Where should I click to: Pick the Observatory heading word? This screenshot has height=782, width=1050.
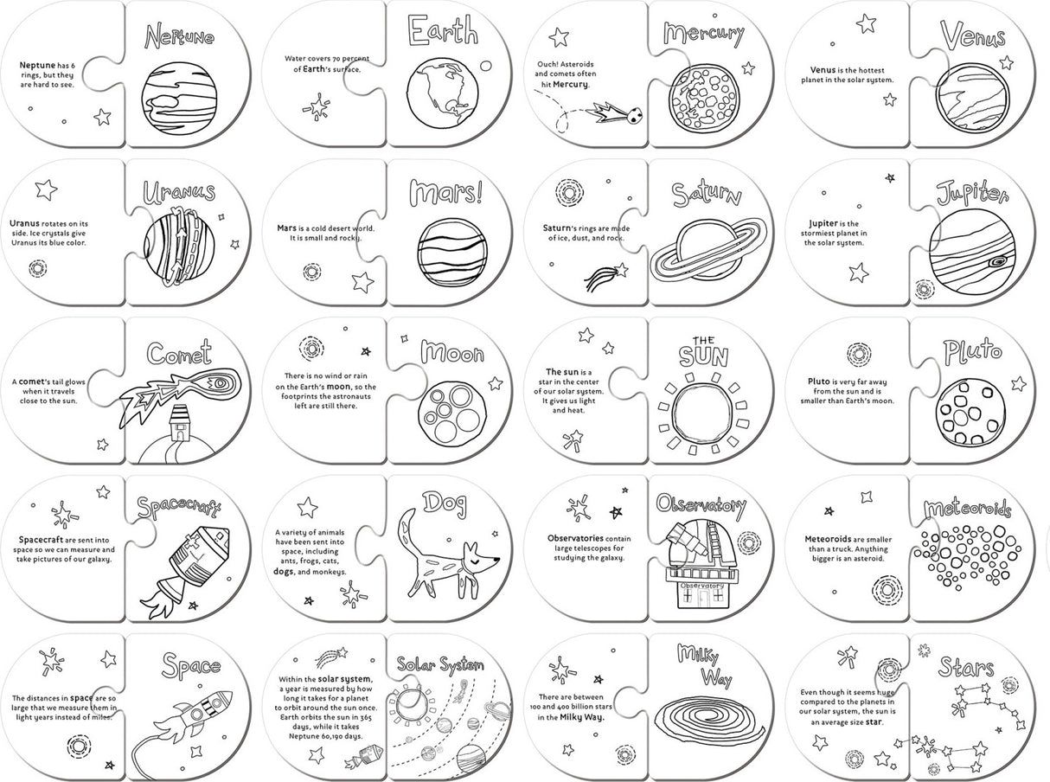tap(701, 505)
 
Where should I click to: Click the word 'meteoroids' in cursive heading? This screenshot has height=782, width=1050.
tap(966, 509)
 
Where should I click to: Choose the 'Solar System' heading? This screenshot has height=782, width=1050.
tap(439, 663)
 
